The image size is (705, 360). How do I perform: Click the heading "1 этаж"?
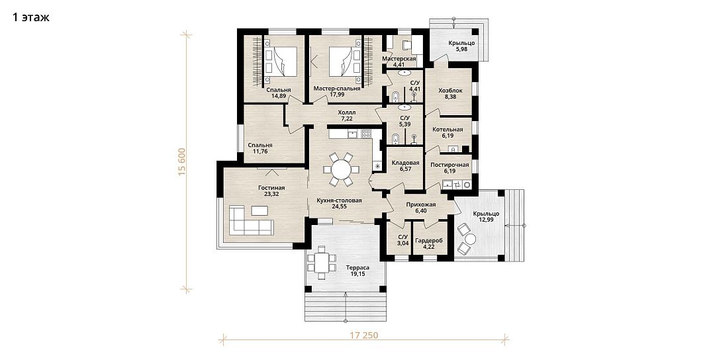click(30, 18)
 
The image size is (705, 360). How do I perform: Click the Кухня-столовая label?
click(340, 199)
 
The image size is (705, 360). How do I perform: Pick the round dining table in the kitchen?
click(342, 169)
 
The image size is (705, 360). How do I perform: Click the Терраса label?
click(357, 267)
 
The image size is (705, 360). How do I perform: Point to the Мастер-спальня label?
click(337, 88)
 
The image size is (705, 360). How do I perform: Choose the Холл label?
click(347, 112)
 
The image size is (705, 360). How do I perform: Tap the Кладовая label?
click(406, 162)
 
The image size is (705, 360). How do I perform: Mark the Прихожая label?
click(420, 204)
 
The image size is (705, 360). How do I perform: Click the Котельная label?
click(447, 129)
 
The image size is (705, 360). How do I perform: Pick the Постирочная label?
click(450, 164)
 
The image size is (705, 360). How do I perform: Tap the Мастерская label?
click(399, 59)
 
